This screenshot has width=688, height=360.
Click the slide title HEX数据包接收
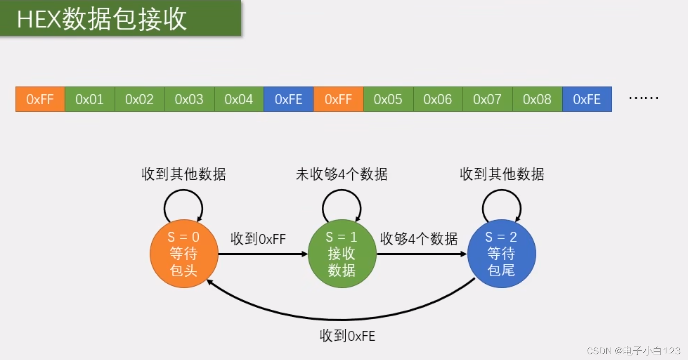(x=102, y=19)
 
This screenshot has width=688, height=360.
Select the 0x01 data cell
(x=90, y=99)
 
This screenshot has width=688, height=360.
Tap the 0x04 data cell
(x=239, y=99)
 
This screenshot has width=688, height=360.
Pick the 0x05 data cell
(x=388, y=99)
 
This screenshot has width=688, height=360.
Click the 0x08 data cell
(x=537, y=99)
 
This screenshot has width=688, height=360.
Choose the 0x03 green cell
(x=189, y=99)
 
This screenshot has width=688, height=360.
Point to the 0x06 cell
(x=438, y=99)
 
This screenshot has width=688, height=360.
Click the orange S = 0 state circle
(x=184, y=254)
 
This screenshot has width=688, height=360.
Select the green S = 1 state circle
(x=342, y=254)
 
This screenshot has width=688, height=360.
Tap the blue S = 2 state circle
(x=501, y=254)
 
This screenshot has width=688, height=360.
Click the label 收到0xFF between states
(x=258, y=239)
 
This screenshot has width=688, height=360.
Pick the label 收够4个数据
(x=419, y=239)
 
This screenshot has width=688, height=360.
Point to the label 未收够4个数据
(x=342, y=174)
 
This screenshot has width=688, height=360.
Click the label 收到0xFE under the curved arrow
(x=347, y=336)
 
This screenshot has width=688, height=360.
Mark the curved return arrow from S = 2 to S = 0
(x=345, y=318)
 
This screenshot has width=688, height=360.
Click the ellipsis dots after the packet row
(x=643, y=98)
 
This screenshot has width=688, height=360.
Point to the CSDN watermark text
(x=633, y=351)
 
